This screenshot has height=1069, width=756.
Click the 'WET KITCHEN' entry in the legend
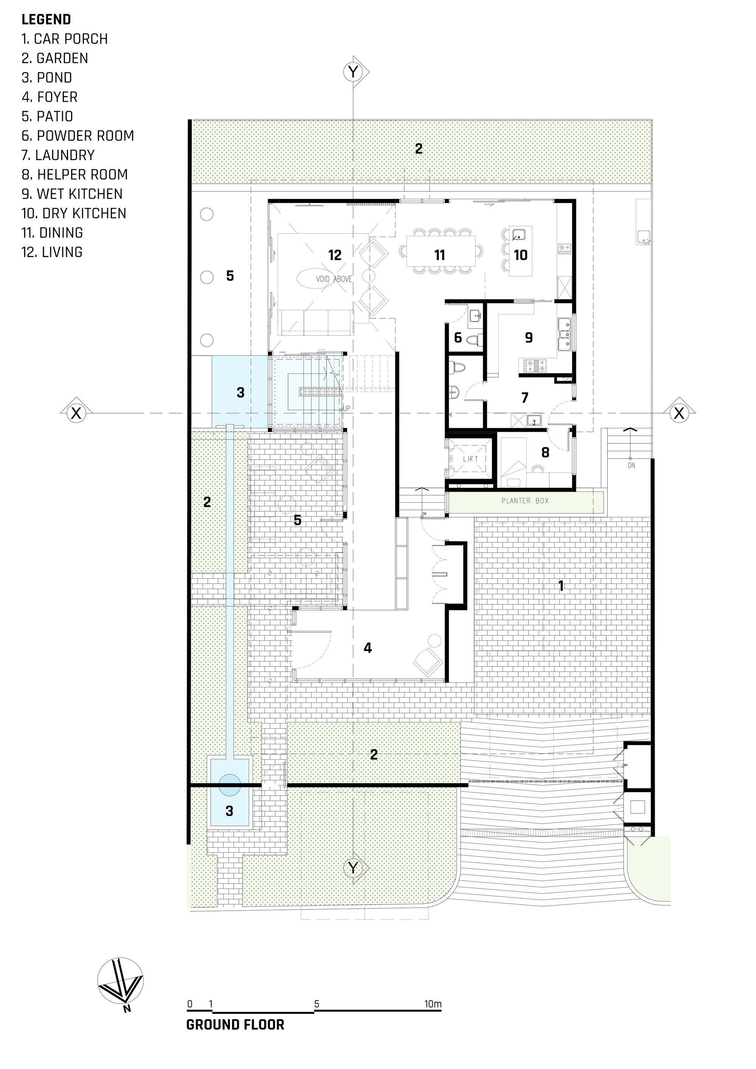72,194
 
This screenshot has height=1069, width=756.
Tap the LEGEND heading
46,20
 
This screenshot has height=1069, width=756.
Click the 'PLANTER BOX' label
525,501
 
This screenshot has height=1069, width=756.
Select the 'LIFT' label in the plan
471,459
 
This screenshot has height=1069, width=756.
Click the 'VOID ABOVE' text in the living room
334,279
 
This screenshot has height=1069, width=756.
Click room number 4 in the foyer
368,648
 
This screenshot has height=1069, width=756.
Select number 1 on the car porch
561,585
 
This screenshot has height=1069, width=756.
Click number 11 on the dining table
440,255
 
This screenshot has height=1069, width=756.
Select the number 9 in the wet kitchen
529,338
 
